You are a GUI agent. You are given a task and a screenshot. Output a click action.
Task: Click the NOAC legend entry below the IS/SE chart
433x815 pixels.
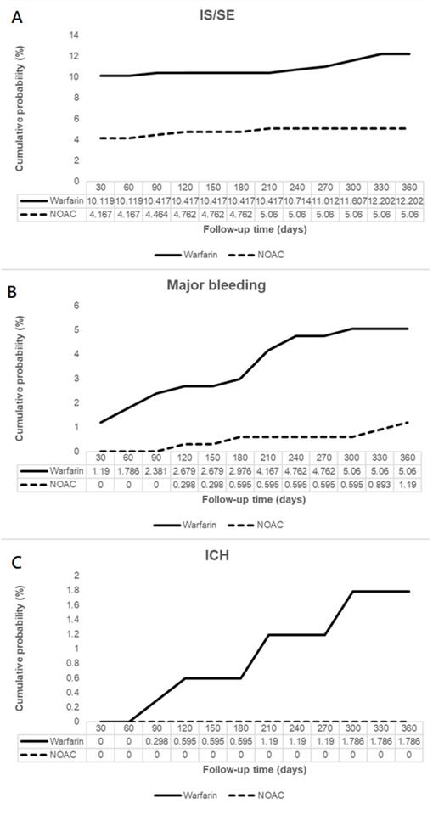271,255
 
